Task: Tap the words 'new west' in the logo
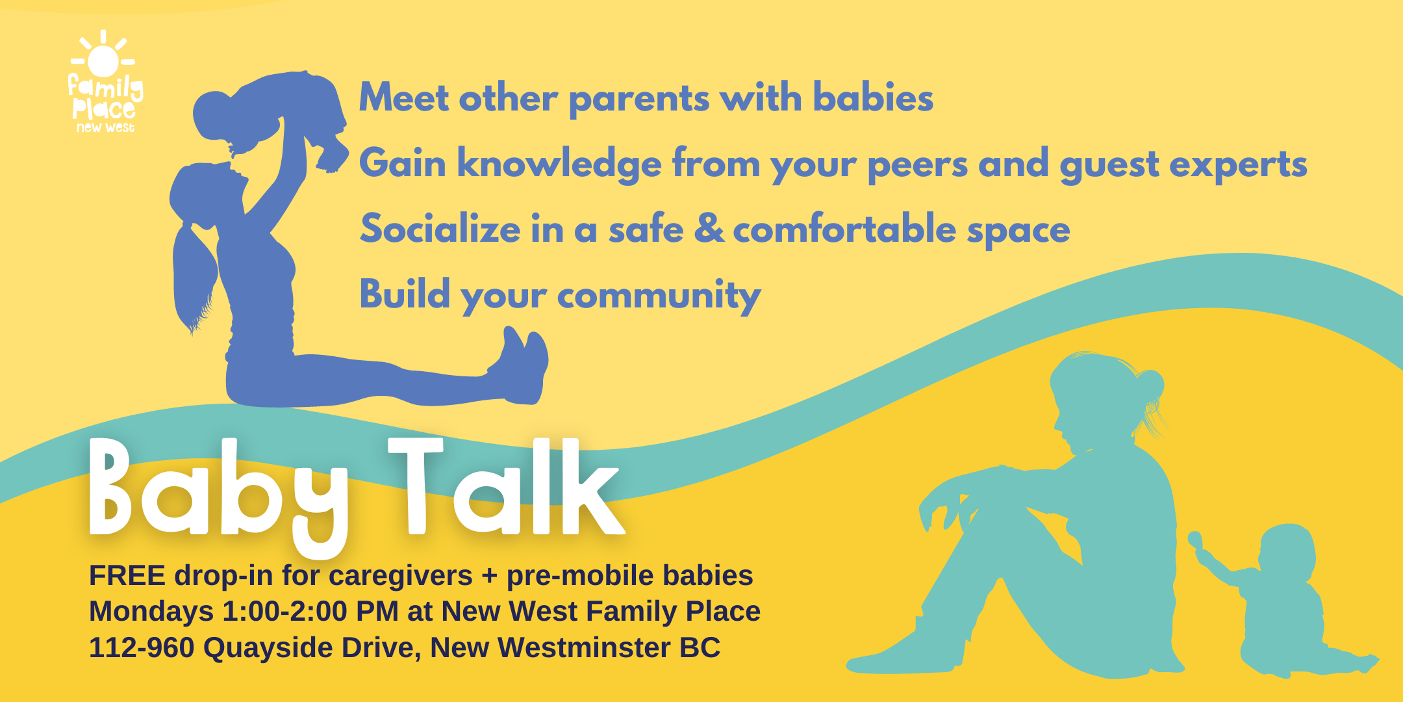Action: pos(105,127)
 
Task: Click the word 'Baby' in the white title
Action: pos(219,495)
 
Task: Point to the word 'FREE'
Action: pos(127,576)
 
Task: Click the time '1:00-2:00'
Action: pos(285,612)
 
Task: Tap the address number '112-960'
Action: pos(142,648)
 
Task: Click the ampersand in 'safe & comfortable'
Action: pos(709,228)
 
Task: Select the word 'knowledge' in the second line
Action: pos(559,163)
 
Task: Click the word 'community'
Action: pos(659,296)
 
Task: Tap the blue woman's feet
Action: pos(524,364)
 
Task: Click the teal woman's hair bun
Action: pos(1149,385)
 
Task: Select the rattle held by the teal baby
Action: pos(1196,541)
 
